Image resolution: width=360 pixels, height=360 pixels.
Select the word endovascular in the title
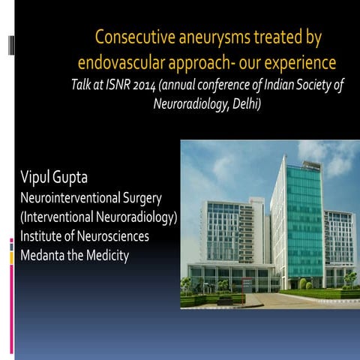(x=124, y=60)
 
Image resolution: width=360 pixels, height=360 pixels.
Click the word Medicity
(x=106, y=256)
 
